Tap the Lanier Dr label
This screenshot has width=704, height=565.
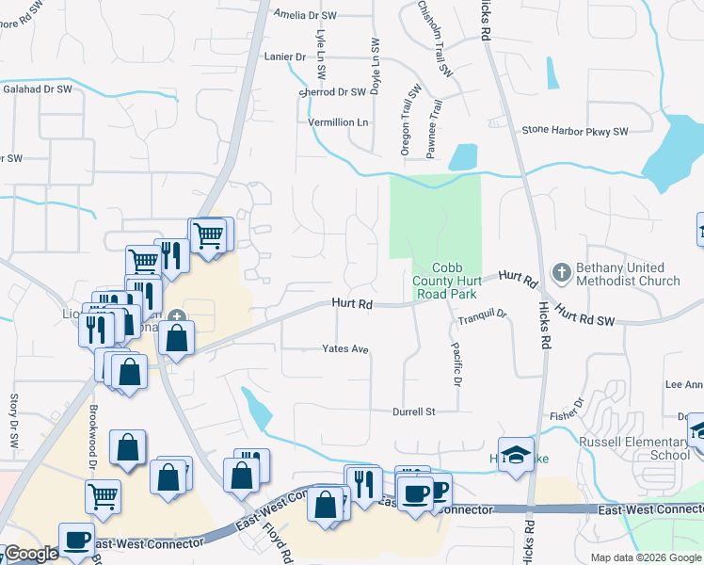288,56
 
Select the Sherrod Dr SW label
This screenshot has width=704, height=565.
331,92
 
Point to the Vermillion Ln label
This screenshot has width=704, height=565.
338,122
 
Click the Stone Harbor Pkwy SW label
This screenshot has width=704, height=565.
574,130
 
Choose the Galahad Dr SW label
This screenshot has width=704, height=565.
37,89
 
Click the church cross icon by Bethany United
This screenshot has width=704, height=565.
560,272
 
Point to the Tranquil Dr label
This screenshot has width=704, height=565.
483,317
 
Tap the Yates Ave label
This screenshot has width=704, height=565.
344,348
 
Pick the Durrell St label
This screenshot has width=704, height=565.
414,412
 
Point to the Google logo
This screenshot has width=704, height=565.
30,554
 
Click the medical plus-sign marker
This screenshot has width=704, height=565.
178,316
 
